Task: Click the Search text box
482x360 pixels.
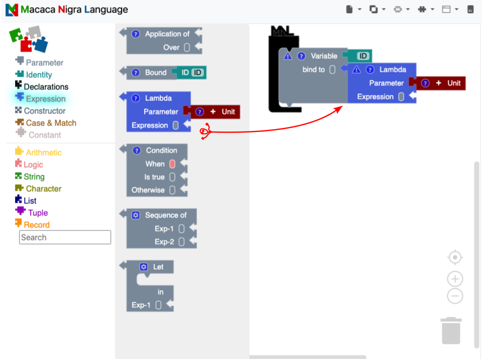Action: [65, 237]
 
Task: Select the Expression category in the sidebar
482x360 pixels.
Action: [46, 99]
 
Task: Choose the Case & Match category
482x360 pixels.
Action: [51, 123]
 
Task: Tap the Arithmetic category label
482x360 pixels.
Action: [44, 153]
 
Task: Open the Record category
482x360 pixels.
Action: [37, 225]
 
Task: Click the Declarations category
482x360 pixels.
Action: [46, 87]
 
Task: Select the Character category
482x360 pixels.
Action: [43, 189]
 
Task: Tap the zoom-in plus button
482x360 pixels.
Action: [455, 279]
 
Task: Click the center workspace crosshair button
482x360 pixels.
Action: [455, 258]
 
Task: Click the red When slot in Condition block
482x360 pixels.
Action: [172, 164]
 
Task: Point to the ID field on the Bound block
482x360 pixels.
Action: [198, 73]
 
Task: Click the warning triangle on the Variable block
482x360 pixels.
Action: [288, 56]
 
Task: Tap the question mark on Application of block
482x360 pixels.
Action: [136, 34]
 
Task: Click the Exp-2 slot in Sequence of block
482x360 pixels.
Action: [181, 242]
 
